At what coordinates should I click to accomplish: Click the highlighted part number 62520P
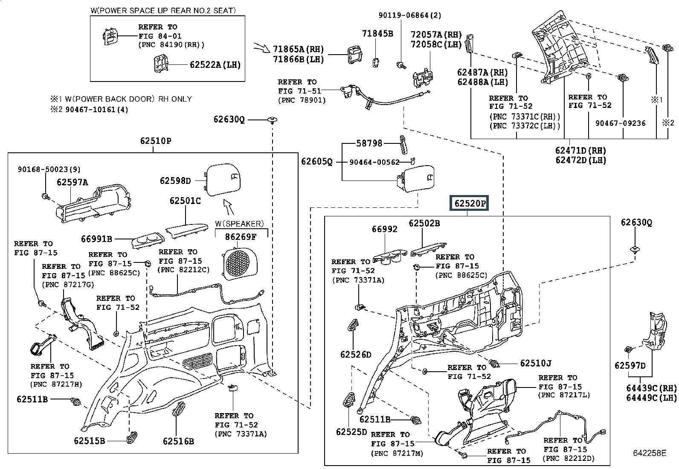469,203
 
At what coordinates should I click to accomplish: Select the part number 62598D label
175,181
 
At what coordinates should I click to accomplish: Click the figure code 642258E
650,453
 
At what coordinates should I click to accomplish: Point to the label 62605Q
316,161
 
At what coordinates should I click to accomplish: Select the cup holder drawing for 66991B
148,241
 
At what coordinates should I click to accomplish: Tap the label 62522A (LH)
215,64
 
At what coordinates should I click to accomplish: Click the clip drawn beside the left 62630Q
273,120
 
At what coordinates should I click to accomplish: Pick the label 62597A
72,182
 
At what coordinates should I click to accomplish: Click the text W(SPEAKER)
239,224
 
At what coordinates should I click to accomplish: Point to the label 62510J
536,363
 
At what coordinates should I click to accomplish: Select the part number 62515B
90,440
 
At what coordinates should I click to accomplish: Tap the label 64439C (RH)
651,388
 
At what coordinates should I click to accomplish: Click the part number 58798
369,143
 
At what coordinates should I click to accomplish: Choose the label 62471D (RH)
580,151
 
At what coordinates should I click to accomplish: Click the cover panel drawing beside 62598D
222,179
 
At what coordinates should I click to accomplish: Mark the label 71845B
377,34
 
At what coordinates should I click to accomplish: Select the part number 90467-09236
620,123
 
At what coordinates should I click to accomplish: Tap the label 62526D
356,354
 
